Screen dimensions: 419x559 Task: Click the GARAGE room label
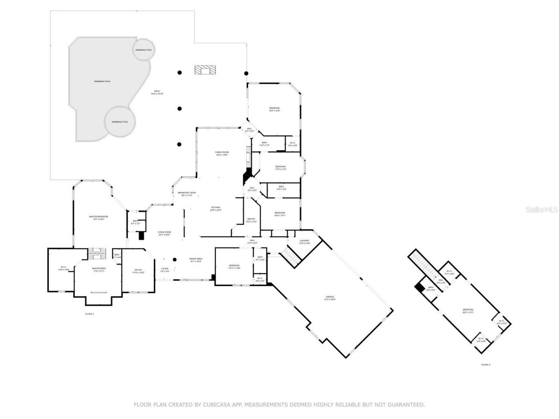click(329, 297)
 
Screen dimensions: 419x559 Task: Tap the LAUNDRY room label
click(304, 241)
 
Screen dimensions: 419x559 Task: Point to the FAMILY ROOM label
click(222, 152)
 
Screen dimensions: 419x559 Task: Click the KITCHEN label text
click(216, 207)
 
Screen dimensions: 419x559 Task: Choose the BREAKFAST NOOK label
click(186, 192)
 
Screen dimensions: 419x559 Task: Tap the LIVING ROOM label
click(164, 232)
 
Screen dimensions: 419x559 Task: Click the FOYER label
click(165, 269)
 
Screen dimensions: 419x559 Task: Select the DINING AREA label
click(195, 259)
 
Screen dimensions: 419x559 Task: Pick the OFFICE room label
click(138, 271)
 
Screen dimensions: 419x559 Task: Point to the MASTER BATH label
click(99, 268)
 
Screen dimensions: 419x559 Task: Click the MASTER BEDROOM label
click(98, 216)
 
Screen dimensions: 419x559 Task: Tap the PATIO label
click(157, 91)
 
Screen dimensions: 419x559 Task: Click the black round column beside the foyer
click(174, 259)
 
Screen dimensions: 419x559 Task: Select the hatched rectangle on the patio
click(205, 70)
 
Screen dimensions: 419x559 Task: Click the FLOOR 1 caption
click(90, 314)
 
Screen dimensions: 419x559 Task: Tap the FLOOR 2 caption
click(486, 364)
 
